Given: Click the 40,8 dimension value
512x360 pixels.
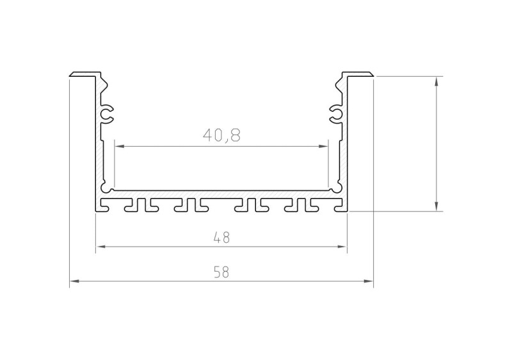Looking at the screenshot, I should click(x=221, y=135).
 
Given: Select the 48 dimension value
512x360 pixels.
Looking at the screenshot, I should click(x=221, y=238).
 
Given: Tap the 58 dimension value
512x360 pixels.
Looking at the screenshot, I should click(x=221, y=272).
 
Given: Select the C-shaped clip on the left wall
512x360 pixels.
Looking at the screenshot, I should click(x=108, y=113).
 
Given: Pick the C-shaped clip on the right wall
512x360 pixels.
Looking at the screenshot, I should click(x=335, y=113).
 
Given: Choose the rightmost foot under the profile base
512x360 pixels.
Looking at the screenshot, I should click(x=338, y=207).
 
